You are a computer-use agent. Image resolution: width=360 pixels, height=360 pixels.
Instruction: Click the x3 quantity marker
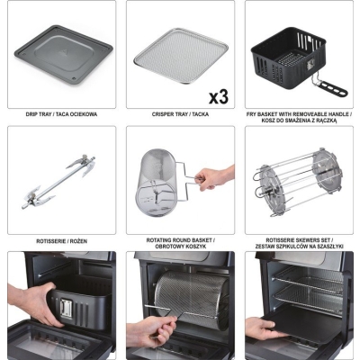(x=219, y=97)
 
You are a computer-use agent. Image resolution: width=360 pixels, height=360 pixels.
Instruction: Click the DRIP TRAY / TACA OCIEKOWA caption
(x=61, y=114)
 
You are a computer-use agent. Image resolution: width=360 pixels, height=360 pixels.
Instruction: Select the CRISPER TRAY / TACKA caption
(x=180, y=114)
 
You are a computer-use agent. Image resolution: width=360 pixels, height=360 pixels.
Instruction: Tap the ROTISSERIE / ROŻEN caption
(x=62, y=241)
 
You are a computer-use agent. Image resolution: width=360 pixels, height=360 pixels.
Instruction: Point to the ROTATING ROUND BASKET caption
(x=180, y=240)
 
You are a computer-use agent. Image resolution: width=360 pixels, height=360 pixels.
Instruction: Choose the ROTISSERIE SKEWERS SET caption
(x=299, y=240)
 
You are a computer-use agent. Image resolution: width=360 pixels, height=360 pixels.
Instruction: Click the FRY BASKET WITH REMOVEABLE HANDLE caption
(x=299, y=114)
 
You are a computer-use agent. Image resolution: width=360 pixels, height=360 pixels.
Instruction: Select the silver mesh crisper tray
(x=181, y=56)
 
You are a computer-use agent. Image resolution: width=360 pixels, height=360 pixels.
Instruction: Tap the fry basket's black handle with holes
(x=332, y=88)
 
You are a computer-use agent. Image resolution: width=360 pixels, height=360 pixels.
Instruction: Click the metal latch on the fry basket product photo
(x=310, y=64)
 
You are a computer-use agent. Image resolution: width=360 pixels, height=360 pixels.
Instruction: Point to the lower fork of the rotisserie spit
(x=40, y=196)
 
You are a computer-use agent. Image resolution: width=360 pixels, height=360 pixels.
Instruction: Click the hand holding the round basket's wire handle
(x=214, y=177)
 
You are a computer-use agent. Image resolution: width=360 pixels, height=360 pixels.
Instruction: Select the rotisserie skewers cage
(x=299, y=182)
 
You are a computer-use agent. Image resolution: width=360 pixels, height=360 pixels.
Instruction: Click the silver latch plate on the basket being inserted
(x=66, y=309)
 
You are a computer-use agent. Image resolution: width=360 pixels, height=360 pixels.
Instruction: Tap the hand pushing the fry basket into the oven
(x=33, y=303)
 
